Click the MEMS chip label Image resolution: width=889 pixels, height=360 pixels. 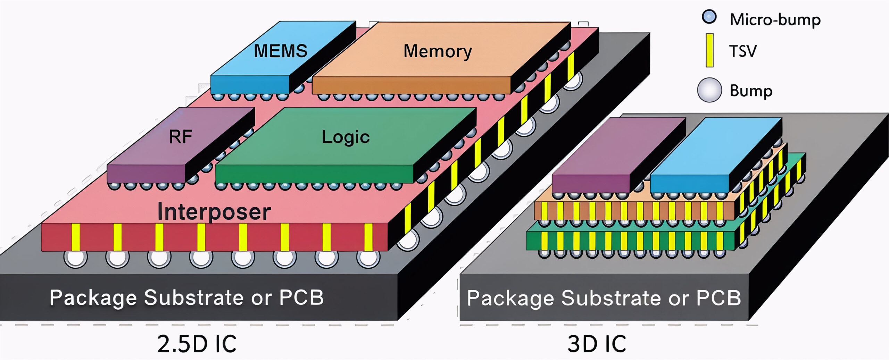281,51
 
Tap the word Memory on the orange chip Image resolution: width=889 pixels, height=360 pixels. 438,51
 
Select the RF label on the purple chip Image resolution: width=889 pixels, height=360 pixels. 180,136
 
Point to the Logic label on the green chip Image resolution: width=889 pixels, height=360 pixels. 346,137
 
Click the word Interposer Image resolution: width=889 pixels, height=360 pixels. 214,211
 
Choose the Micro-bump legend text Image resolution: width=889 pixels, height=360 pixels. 775,19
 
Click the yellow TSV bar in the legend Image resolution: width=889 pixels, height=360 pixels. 709,50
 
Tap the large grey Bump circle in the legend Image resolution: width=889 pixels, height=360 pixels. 709,90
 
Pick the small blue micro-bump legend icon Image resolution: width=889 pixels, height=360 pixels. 709,17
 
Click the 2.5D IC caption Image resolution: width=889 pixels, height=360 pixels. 197,344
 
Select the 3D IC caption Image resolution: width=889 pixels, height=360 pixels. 597,344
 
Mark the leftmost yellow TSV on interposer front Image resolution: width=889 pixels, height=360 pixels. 76,237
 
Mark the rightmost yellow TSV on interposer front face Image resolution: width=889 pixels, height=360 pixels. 368,237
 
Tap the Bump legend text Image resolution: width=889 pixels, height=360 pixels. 751,91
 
